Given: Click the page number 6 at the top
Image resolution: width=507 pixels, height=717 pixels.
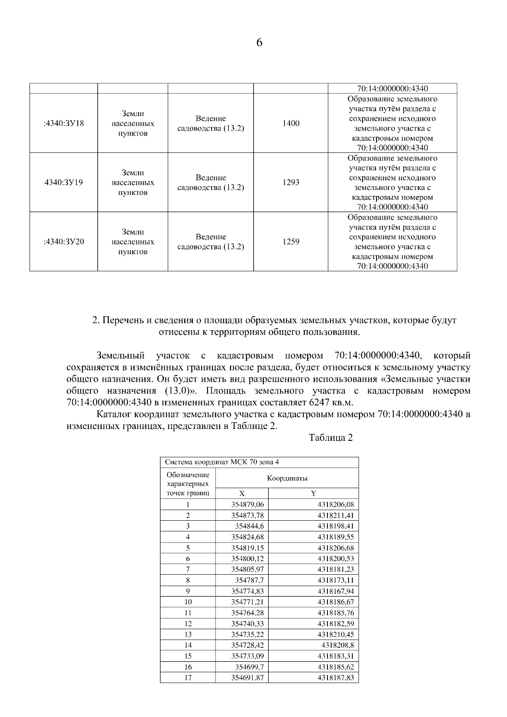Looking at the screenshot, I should tap(259, 43).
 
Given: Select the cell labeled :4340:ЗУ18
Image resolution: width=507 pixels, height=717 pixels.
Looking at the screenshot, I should tap(64, 123).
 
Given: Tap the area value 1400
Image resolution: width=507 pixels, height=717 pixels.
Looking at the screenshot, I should tap(291, 123).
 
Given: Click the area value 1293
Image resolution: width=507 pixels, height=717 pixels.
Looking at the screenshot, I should tap(291, 182).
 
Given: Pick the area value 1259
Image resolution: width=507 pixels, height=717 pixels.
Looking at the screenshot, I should tap(291, 242).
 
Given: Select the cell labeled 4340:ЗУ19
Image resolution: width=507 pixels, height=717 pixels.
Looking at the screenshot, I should tap(64, 182).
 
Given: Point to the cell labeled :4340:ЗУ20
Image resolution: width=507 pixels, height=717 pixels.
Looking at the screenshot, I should tap(64, 242).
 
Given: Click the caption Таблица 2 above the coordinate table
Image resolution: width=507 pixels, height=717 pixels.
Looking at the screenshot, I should tap(331, 438).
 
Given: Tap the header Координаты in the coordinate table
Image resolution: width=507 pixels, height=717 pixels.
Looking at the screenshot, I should tap(287, 478).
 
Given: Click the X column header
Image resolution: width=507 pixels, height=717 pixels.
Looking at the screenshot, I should tap(242, 493).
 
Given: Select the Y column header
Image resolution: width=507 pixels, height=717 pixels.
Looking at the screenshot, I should tap(313, 493).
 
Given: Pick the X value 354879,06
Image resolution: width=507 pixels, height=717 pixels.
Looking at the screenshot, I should tap(247, 504).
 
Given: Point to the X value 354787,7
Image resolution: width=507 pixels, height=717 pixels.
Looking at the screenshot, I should tap(249, 580).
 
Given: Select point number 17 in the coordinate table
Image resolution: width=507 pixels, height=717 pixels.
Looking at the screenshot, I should tap(188, 678).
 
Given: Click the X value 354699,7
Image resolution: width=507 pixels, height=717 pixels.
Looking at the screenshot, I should tap(249, 667).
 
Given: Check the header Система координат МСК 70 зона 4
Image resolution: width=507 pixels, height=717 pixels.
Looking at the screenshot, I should tap(221, 462).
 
